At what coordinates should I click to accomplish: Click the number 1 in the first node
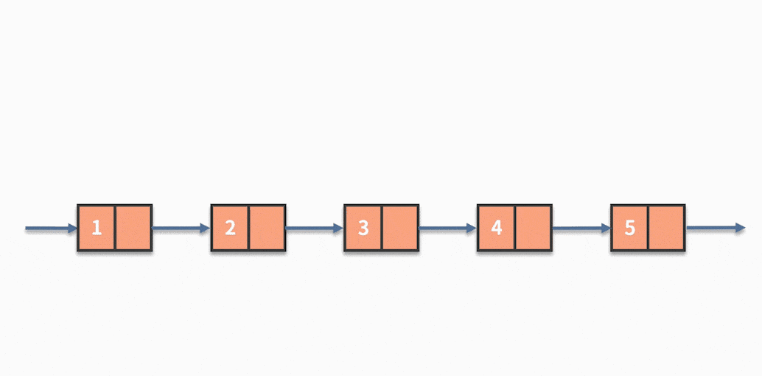tap(97, 229)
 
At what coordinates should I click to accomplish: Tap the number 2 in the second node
tap(230, 229)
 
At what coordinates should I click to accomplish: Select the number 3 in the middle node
tap(363, 229)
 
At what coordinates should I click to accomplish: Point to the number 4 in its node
tap(496, 229)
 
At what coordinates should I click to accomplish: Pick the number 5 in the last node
tap(629, 229)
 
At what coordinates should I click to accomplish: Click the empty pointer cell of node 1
tap(133, 229)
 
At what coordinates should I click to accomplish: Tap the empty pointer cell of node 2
tap(267, 229)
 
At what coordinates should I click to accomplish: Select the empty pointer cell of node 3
tap(400, 229)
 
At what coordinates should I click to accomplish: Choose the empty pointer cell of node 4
tap(534, 229)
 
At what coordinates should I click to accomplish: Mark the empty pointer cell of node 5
tap(667, 229)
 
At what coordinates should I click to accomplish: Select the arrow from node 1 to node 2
tap(181, 229)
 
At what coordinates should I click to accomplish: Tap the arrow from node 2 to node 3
tap(315, 229)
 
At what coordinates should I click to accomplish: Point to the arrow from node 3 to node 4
tap(448, 229)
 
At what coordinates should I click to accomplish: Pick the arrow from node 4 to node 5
tap(581, 229)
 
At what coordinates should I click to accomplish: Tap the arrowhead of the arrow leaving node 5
tap(740, 229)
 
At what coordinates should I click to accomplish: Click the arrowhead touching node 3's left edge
tap(338, 229)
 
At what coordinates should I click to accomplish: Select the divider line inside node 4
tap(514, 229)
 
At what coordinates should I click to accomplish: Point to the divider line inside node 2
tap(248, 229)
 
